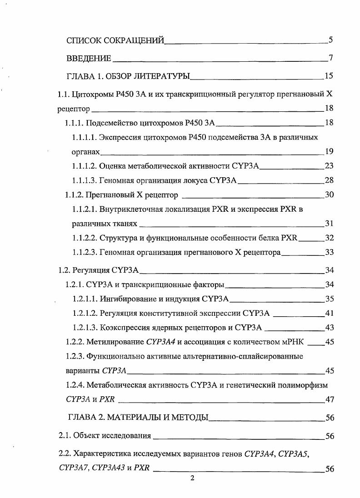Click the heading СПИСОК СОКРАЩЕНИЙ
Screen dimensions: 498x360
tap(115, 40)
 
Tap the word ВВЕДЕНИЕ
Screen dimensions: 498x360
tap(89, 58)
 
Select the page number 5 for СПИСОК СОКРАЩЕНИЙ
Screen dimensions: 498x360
tap(331, 40)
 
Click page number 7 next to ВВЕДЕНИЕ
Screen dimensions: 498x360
tap(331, 58)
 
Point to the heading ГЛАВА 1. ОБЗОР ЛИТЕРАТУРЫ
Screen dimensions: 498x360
tap(128, 76)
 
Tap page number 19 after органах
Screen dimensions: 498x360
tap(330, 152)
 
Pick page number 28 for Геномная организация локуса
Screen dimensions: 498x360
tap(330, 180)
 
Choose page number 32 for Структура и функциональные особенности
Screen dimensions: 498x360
tap(330, 238)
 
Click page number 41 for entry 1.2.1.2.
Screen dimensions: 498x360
tap(330, 314)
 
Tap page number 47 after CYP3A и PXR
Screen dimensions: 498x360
tap(330, 399)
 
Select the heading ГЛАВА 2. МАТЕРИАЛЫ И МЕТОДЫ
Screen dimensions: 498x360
tap(137, 417)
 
